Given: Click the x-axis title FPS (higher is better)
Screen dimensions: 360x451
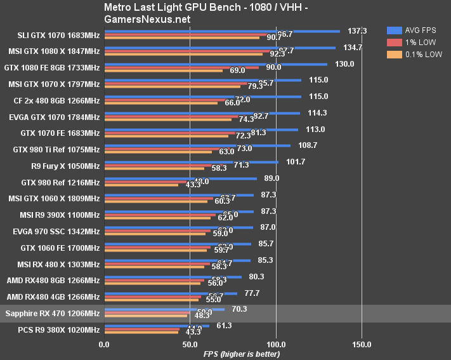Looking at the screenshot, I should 241,354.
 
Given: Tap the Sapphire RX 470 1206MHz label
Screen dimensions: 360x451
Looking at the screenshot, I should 52,313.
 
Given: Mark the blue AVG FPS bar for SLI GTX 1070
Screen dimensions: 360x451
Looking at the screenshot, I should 222,30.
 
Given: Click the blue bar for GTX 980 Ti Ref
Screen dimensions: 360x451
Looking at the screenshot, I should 197,145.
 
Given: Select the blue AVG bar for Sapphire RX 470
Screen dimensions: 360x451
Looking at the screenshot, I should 164,309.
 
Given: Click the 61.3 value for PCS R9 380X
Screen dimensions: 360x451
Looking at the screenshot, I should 224,326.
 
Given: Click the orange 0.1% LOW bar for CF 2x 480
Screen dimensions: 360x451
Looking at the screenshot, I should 160,102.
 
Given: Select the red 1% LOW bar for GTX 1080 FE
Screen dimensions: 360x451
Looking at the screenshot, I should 181,67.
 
